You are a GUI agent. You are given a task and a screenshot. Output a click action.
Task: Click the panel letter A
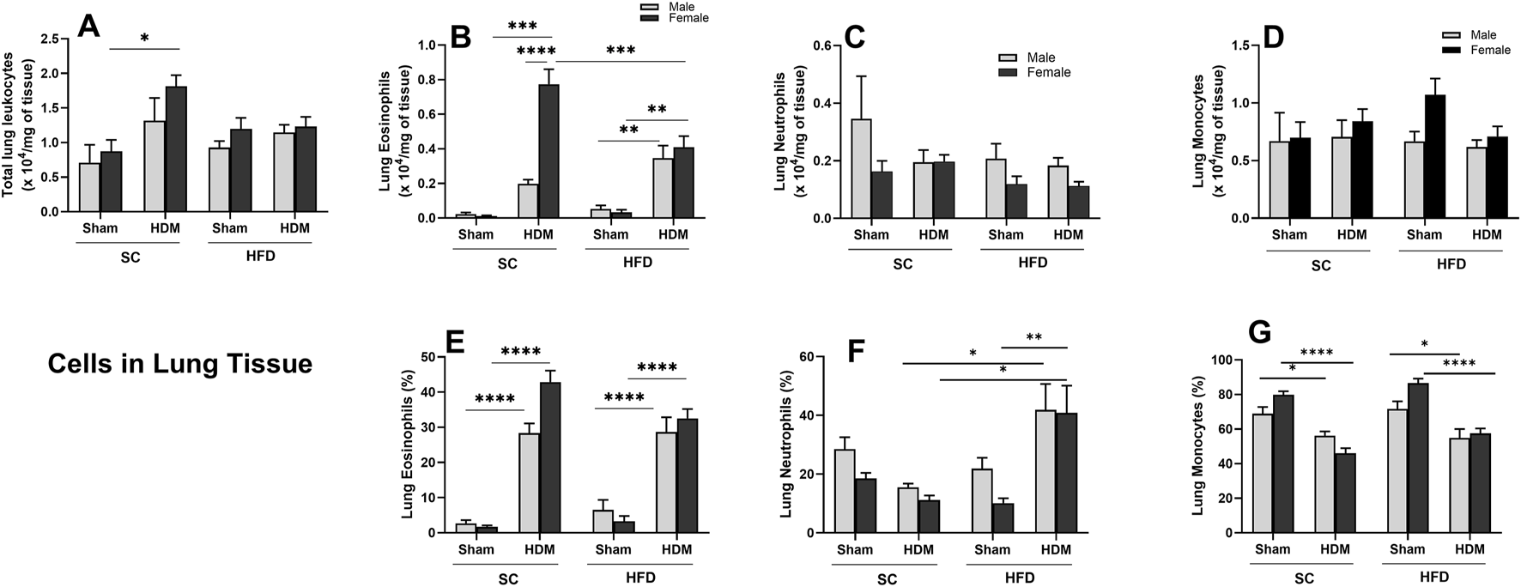89,27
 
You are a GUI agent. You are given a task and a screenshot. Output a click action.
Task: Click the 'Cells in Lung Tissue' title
179,365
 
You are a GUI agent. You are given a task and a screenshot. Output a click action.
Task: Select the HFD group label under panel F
1020,578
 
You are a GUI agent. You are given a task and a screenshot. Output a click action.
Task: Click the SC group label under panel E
508,578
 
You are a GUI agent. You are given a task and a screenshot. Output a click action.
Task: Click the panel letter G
1258,333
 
